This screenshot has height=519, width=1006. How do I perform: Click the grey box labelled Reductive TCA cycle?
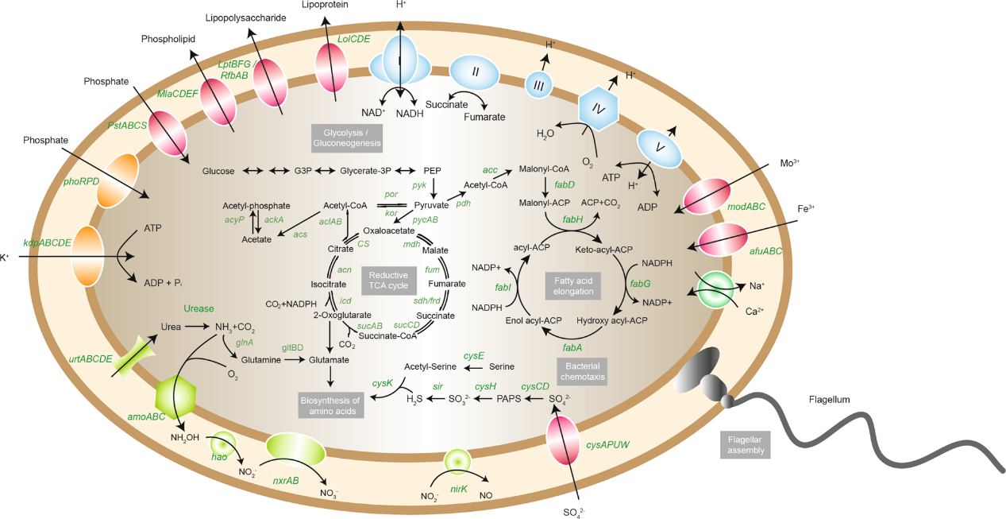click(387, 281)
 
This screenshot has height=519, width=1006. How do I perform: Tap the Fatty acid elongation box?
click(573, 285)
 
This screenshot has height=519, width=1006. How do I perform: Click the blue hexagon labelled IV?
click(598, 107)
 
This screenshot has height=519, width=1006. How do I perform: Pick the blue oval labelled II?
click(475, 72)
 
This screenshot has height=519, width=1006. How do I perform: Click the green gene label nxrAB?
click(286, 481)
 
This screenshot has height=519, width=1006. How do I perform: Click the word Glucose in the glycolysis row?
click(218, 171)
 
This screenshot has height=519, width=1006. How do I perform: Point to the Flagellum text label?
click(830, 399)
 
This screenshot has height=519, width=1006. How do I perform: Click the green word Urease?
click(199, 308)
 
